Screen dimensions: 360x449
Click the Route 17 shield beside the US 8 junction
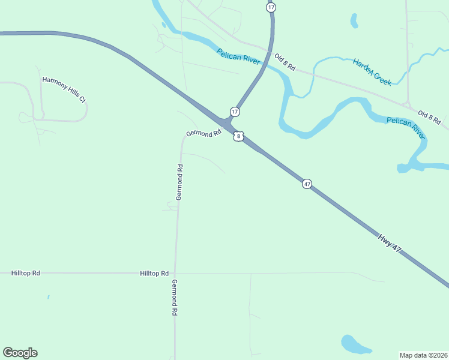pos(235,112)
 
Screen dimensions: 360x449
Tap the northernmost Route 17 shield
pos(271,7)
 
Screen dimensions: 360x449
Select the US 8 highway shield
pos(239,137)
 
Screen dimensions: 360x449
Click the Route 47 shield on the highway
pos(307,184)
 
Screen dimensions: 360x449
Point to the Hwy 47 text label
pos(389,242)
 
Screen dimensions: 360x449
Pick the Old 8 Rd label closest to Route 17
pos(285,62)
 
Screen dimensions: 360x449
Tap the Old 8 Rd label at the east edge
pos(429,118)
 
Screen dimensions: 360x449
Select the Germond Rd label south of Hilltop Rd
pos(175,298)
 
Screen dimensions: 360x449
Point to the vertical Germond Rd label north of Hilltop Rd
pos(179,182)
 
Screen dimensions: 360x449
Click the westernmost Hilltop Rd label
pos(25,273)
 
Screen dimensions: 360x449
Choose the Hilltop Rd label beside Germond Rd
pos(154,273)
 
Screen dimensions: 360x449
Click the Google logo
pos(20,353)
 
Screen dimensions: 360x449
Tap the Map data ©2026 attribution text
pos(423,355)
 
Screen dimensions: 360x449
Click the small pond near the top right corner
pos(354,21)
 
